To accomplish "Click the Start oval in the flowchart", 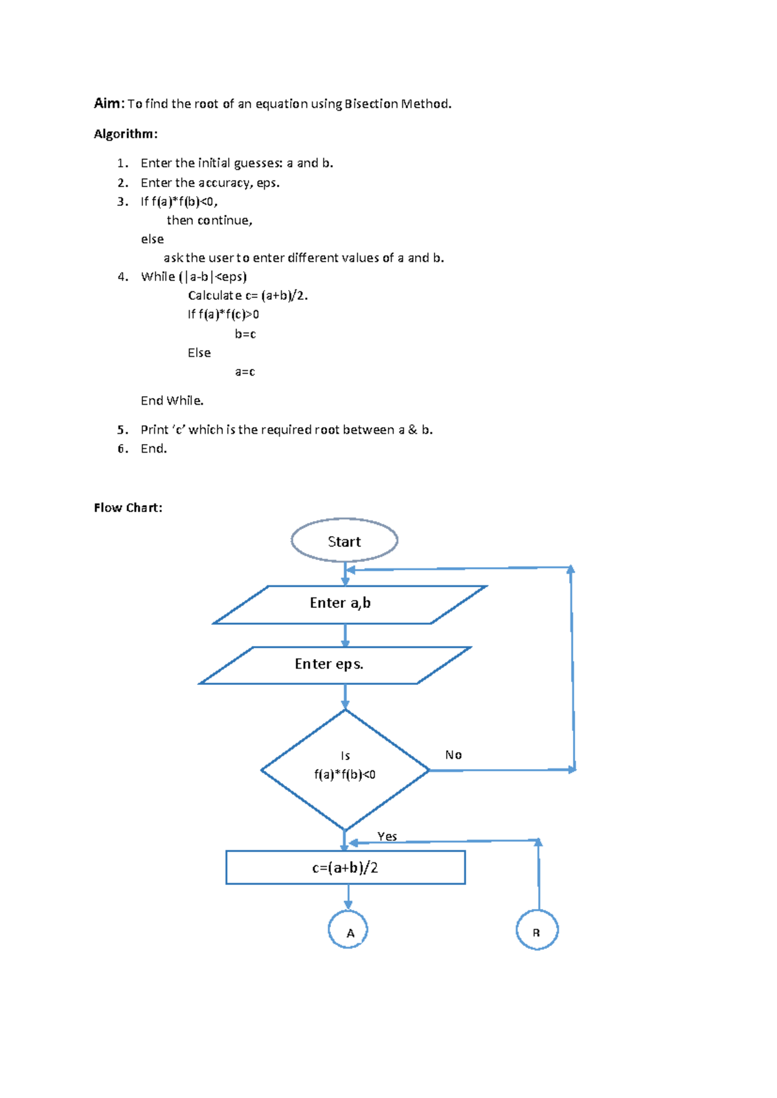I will click(x=344, y=541).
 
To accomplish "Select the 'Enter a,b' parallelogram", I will click(x=350, y=604).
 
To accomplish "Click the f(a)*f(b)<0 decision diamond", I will click(x=345, y=769).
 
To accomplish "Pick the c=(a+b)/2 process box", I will click(x=345, y=868).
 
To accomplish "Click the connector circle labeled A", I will click(x=348, y=930).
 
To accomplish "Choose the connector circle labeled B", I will click(x=537, y=930).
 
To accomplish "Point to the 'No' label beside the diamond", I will click(x=453, y=755).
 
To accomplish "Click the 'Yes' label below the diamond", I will click(x=387, y=836).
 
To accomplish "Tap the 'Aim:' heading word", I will click(x=107, y=104).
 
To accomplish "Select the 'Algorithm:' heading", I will click(x=126, y=134).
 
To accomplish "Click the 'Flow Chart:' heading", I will click(x=128, y=508).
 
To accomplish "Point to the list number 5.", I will click(x=122, y=430).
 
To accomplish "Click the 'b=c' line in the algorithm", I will click(x=245, y=334).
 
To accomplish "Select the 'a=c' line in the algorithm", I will click(x=245, y=372).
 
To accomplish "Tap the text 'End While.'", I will click(x=172, y=401).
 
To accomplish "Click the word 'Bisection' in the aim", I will click(x=371, y=104).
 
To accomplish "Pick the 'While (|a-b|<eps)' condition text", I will click(x=194, y=276).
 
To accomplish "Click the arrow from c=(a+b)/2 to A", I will click(x=348, y=897).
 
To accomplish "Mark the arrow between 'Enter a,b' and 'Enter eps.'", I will click(x=345, y=635).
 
